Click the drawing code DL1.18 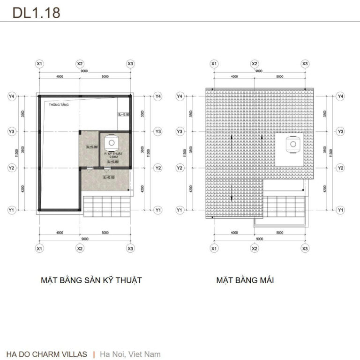[x=36, y=13]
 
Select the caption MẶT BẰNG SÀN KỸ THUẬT [x=91, y=280]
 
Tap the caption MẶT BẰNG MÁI [x=245, y=280]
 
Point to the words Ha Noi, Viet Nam [x=130, y=354]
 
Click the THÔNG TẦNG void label [x=59, y=105]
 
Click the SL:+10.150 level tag [x=124, y=114]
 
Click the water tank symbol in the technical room [x=112, y=142]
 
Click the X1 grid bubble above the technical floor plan [x=39, y=64]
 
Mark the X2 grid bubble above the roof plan [x=255, y=64]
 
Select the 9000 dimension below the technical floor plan [x=83, y=238]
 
